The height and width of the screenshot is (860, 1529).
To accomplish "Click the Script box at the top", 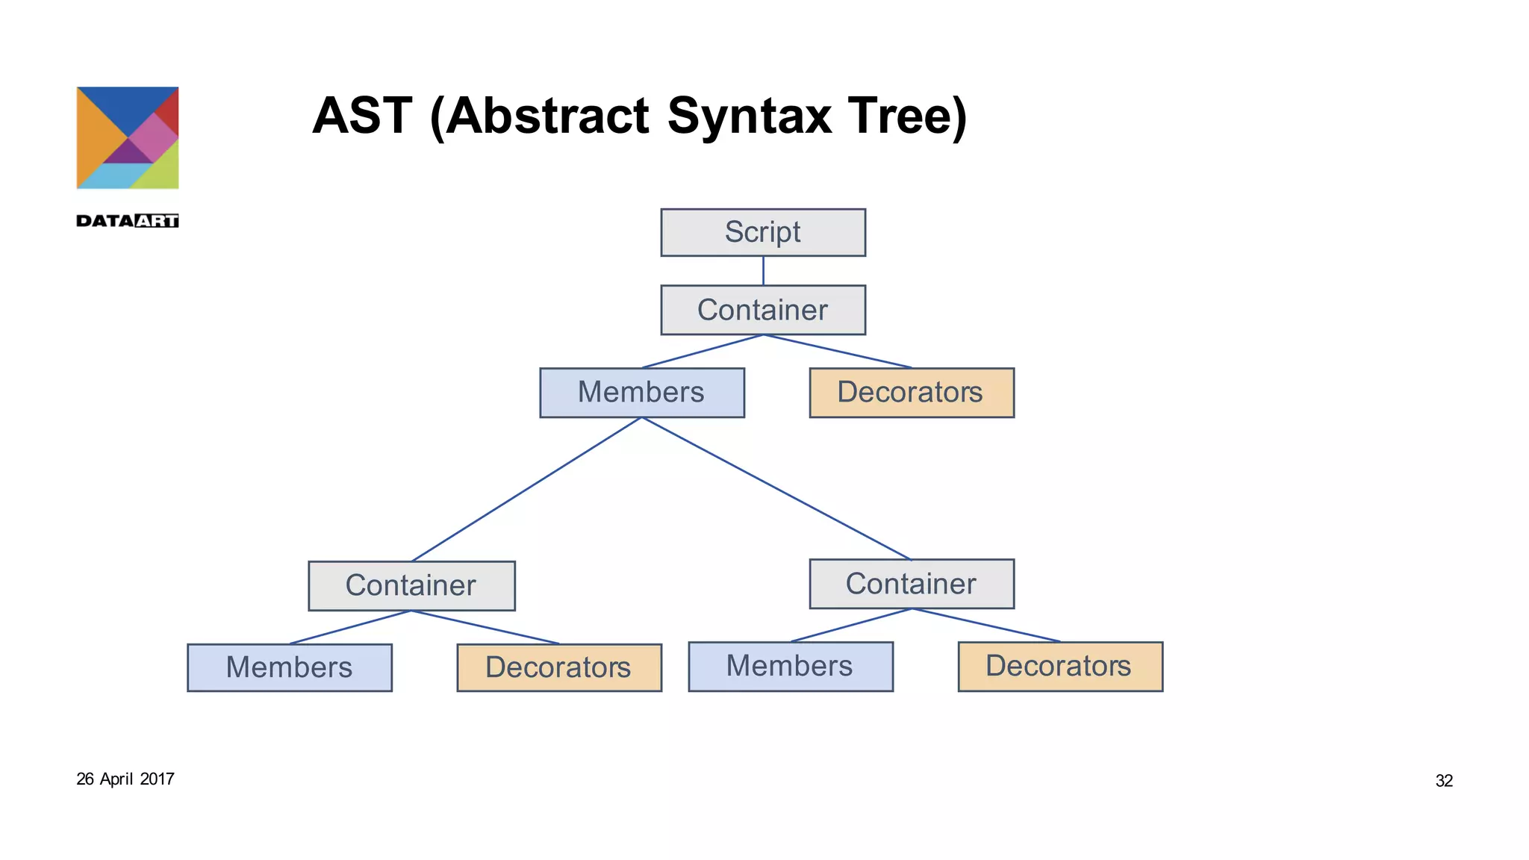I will pyautogui.click(x=762, y=232).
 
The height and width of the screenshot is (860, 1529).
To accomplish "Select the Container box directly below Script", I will pyautogui.click(x=762, y=310).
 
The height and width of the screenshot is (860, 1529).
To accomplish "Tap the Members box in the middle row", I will pyautogui.click(x=641, y=392).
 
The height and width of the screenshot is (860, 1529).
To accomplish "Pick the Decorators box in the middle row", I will pyautogui.click(x=911, y=392).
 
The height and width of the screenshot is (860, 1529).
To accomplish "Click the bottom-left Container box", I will pyautogui.click(x=411, y=585).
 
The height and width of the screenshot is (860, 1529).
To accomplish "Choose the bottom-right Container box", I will pyautogui.click(x=911, y=584).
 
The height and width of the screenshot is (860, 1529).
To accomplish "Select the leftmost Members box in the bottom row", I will pyautogui.click(x=289, y=667).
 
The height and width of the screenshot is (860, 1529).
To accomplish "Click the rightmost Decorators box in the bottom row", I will pyautogui.click(x=1059, y=666).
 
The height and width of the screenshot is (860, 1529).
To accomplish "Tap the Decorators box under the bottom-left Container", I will pyautogui.click(x=558, y=667).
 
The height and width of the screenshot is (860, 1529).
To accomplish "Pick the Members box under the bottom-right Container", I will pyautogui.click(x=790, y=666).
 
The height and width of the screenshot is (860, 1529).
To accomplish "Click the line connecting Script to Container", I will pyautogui.click(x=763, y=270).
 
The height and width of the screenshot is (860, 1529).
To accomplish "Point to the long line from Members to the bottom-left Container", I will pyautogui.click(x=527, y=489).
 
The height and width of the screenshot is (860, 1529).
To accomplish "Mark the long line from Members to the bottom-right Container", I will pyautogui.click(x=776, y=489).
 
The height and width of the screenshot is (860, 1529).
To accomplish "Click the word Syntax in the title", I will pyautogui.click(x=749, y=116).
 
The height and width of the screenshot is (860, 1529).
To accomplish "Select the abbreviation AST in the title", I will pyautogui.click(x=361, y=116).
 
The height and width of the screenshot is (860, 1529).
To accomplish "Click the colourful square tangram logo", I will pyautogui.click(x=128, y=137).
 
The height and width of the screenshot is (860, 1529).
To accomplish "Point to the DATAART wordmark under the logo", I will pyautogui.click(x=128, y=220).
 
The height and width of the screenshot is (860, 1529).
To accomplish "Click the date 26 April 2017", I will pyautogui.click(x=125, y=779).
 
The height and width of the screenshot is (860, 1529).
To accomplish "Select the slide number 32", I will pyautogui.click(x=1443, y=781).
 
